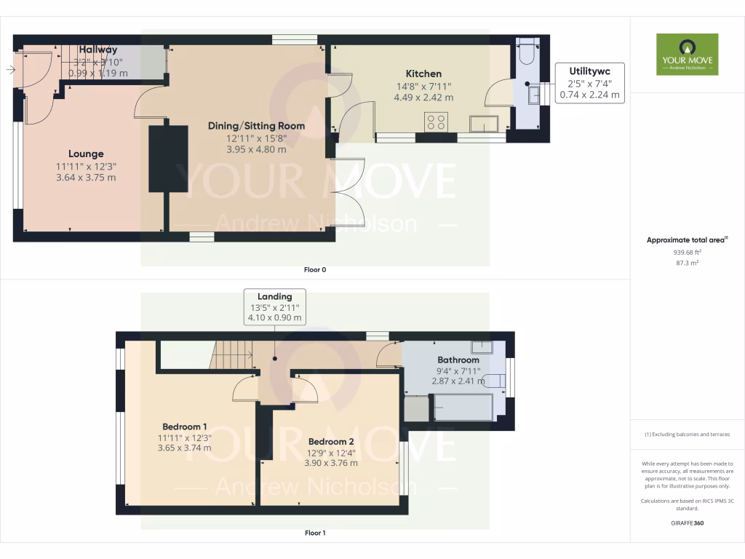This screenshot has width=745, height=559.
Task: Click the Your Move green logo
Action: pyautogui.click(x=687, y=54)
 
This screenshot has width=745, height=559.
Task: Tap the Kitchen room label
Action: pyautogui.click(x=423, y=74)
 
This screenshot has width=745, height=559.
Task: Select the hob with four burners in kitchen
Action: pyautogui.click(x=437, y=122)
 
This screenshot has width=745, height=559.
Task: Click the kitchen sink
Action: pyautogui.click(x=485, y=124)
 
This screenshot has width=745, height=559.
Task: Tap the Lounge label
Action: pyautogui.click(x=86, y=154)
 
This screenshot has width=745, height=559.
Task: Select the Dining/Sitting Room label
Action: pyautogui.click(x=256, y=126)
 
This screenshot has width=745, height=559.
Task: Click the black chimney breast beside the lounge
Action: pyautogui.click(x=168, y=159)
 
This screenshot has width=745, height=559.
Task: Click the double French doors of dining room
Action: pyautogui.click(x=348, y=192)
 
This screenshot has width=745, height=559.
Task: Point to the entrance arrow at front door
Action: pyautogui.click(x=10, y=70)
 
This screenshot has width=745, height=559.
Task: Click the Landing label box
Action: pyautogui.click(x=274, y=306)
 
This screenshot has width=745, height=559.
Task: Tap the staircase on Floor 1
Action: pyautogui.click(x=231, y=354)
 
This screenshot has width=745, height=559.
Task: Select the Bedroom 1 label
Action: pyautogui.click(x=185, y=426)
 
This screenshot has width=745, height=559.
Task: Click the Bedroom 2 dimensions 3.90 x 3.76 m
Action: pyautogui.click(x=332, y=463)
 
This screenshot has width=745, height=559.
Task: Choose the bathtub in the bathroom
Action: pyautogui.click(x=463, y=407)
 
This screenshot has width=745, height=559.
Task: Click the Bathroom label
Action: pyautogui.click(x=458, y=360)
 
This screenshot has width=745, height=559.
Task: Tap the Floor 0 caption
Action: pyautogui.click(x=315, y=269)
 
